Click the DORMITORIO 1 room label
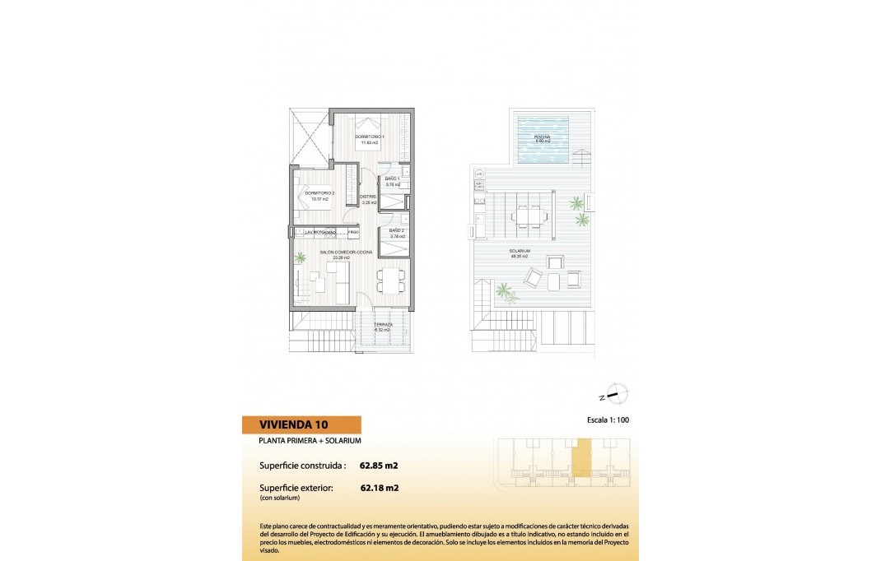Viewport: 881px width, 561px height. (367, 136)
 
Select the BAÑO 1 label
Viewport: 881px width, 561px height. (393, 178)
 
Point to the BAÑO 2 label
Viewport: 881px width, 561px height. (396, 230)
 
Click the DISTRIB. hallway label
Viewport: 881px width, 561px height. (368, 197)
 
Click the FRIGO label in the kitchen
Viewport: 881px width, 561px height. (352, 233)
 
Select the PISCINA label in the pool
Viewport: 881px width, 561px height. (542, 137)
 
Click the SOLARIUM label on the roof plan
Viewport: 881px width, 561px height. (518, 251)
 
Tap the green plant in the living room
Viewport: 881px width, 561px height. (300, 257)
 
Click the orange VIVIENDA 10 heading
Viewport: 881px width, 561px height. (301, 425)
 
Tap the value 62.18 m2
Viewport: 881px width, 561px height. (380, 488)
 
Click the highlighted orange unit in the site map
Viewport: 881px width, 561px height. (582, 457)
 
